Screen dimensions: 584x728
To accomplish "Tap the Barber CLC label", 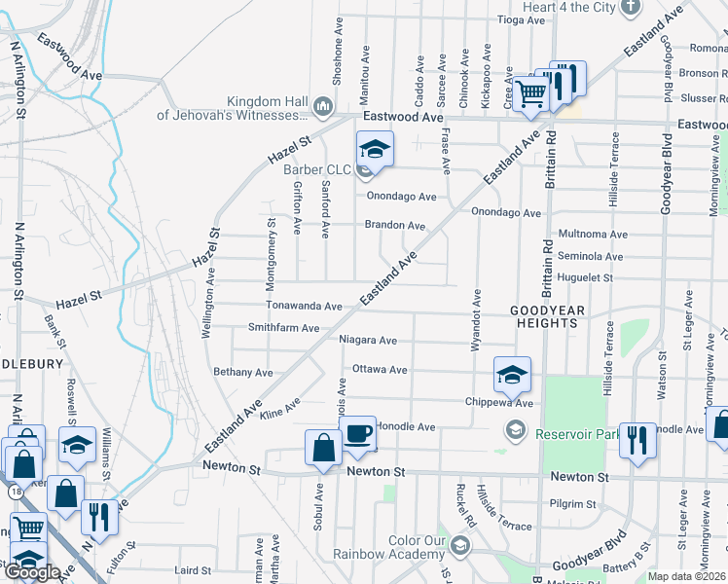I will tap(317, 169).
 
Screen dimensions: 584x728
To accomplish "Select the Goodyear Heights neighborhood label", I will tap(549, 316).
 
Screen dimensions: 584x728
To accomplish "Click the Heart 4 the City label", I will tap(569, 8).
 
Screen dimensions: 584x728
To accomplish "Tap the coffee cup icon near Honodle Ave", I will tap(357, 434).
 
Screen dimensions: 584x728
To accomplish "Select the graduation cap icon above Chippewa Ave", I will tap(512, 374).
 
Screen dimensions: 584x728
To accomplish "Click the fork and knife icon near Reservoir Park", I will tap(637, 439).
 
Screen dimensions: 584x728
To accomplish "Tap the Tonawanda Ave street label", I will tap(305, 306).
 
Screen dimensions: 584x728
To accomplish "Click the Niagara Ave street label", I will tap(368, 341).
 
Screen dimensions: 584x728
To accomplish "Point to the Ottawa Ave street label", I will tap(380, 370).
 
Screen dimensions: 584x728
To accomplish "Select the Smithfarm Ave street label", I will tap(283, 328).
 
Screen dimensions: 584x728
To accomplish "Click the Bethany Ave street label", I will tap(243, 372).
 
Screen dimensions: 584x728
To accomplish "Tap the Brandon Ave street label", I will tap(395, 225).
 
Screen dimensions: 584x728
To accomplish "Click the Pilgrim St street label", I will tap(572, 504).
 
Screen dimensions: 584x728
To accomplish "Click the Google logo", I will tap(32, 572).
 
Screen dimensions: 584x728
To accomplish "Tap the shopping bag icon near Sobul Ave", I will tap(323, 449).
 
